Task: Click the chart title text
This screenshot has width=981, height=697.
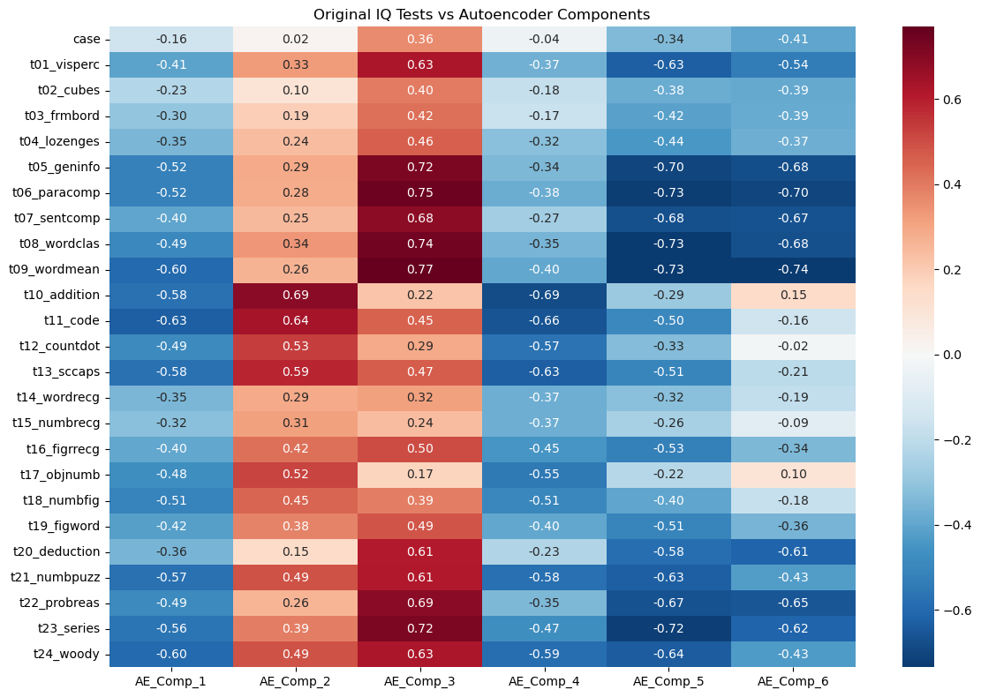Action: pos(482,14)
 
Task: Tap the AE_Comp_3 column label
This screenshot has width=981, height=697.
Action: pos(419,681)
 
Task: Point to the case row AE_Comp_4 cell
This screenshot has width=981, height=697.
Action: pos(544,39)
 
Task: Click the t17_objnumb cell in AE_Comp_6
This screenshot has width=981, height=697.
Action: pos(793,475)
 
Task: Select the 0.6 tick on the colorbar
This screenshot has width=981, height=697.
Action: pos(937,100)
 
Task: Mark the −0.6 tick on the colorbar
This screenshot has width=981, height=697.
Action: pos(937,610)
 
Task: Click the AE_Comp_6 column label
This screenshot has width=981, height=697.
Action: pos(793,681)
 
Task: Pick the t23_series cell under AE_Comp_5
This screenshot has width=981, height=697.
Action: pos(668,628)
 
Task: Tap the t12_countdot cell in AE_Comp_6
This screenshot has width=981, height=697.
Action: pos(793,346)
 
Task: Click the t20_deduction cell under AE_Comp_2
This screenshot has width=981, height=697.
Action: pos(295,551)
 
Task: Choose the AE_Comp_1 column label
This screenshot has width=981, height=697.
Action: pos(170,681)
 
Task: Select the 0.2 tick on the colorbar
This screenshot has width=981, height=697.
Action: pos(937,270)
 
